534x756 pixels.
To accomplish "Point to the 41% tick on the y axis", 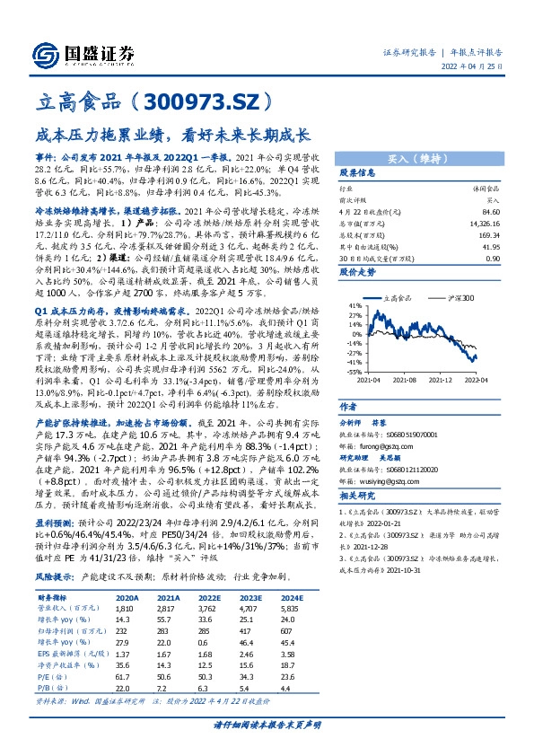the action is (x=355, y=306).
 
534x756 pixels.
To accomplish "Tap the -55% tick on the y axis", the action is (x=355, y=370).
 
